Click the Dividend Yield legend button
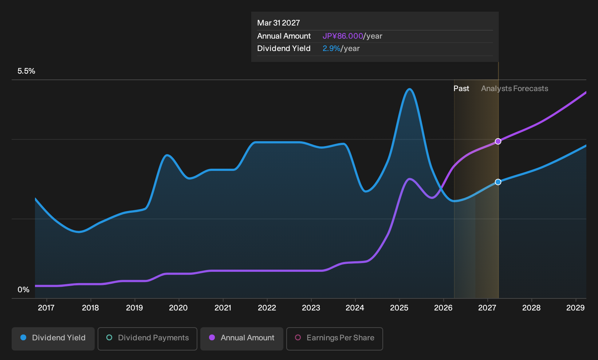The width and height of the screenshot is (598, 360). [53, 339]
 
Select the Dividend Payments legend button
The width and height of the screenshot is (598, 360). [147, 339]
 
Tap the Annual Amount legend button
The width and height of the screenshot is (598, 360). [241, 339]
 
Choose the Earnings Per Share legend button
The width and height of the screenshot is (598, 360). [334, 339]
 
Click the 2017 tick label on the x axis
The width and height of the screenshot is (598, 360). [46, 308]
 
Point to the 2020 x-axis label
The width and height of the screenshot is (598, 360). [178, 308]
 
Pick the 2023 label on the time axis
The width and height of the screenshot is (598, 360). [311, 308]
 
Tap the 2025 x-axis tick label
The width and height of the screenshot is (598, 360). [400, 308]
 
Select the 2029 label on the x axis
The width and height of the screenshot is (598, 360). [576, 308]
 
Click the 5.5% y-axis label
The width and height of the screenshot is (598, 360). [26, 71]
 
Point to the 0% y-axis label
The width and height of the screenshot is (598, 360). [24, 290]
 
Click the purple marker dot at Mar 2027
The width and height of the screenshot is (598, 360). [498, 141]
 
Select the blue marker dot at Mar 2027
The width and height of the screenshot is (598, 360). [498, 182]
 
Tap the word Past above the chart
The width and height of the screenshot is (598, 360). [461, 89]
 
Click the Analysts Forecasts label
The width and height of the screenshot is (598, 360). [515, 89]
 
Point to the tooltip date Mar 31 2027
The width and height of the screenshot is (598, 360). [279, 23]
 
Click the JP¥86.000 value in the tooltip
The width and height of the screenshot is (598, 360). [343, 36]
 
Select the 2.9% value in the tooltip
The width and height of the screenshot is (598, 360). [331, 48]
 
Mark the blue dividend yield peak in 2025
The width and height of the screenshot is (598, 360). [409, 89]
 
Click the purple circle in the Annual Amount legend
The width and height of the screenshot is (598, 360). [212, 337]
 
